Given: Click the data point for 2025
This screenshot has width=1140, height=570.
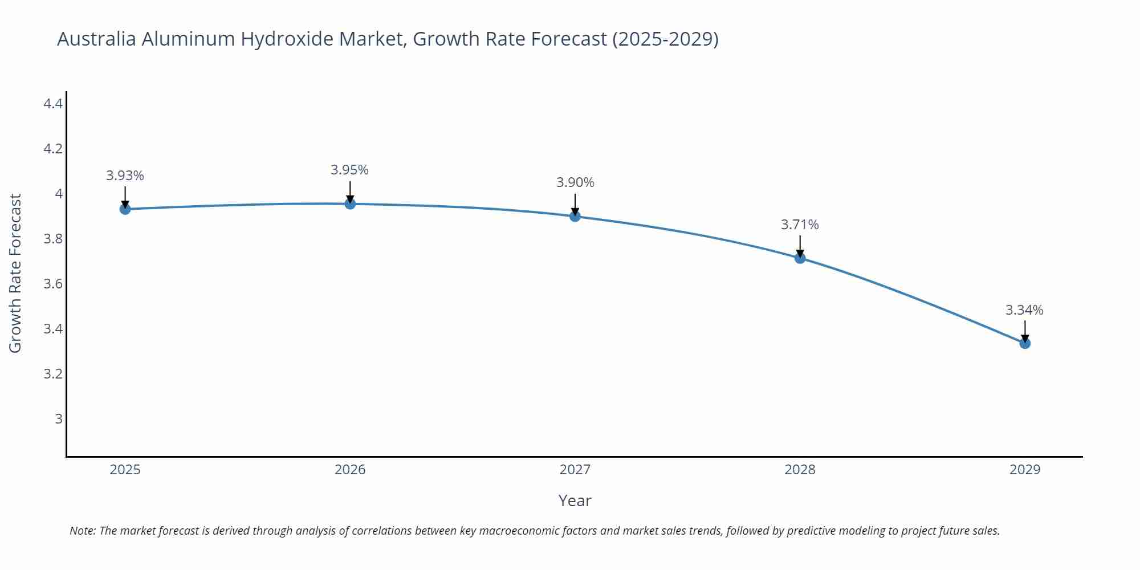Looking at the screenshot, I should (125, 209).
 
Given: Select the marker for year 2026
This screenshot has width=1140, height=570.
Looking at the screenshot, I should (350, 203).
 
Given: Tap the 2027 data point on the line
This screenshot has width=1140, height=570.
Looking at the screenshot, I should (575, 216).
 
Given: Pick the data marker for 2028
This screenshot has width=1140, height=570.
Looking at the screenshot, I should (800, 258).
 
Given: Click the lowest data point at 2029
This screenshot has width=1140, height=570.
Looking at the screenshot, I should (1025, 343).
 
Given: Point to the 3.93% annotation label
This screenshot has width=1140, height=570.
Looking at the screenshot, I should (125, 176).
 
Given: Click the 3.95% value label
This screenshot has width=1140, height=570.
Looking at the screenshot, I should (350, 170).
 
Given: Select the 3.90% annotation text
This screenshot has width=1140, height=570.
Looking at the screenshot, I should (575, 182).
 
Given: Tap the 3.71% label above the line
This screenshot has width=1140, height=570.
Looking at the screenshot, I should (800, 225).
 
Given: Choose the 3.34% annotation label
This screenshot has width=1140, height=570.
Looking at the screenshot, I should (1024, 310).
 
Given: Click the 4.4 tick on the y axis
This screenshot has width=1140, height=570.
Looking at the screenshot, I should (53, 104).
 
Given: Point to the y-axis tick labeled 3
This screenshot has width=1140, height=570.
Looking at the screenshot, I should (58, 419).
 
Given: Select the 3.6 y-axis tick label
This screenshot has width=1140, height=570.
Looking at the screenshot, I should (53, 284).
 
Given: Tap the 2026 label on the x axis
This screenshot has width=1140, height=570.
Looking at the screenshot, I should (350, 470).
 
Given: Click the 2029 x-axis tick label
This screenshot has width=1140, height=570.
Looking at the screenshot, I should (1025, 470).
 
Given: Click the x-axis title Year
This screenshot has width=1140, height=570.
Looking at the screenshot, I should (575, 500).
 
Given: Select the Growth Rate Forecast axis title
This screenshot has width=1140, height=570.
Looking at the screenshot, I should (15, 273).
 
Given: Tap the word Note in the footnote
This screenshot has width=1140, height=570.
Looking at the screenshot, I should (82, 531).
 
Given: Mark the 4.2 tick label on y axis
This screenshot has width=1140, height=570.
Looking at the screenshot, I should (53, 149).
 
